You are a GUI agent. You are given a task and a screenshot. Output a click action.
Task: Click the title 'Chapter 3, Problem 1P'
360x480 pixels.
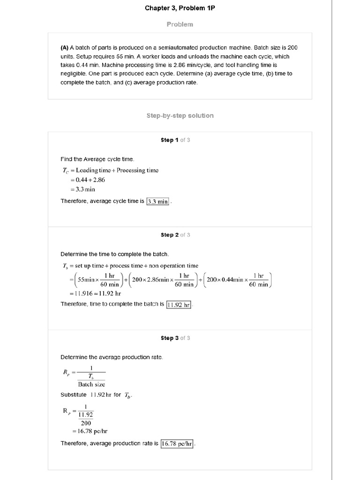pos(180,8)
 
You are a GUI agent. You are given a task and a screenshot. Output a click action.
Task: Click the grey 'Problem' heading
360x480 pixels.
pos(180,24)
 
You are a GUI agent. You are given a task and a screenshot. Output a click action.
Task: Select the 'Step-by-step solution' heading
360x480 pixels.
pos(180,115)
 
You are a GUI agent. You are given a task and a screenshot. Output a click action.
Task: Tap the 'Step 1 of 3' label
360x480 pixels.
pos(175,140)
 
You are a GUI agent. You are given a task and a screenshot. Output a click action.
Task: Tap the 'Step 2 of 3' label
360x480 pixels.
pos(175,235)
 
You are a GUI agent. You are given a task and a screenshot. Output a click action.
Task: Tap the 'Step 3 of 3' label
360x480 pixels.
pos(175,338)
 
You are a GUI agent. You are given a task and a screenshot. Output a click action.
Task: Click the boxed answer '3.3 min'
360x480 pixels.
pos(157,202)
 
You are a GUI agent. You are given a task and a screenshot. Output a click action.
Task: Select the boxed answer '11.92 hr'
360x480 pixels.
pos(179,304)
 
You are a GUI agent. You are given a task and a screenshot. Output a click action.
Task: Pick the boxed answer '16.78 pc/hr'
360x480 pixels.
pos(177,443)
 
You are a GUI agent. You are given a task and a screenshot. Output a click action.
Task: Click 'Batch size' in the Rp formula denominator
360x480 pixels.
pos(91,384)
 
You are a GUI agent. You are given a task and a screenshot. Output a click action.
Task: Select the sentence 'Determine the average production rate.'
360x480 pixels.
pos(112,357)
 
